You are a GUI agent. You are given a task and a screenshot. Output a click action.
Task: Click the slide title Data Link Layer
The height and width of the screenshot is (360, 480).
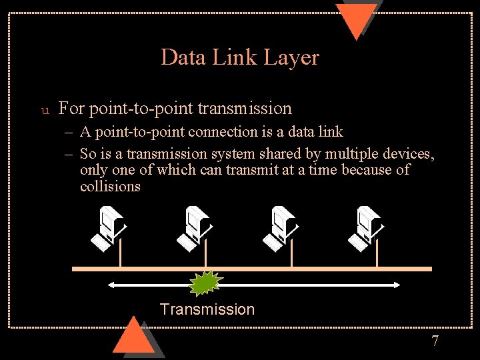(x=240, y=58)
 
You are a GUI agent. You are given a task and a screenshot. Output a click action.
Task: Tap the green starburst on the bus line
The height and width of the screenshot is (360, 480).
(x=205, y=283)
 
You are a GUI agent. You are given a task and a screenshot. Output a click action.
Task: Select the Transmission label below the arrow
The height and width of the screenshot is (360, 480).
(x=207, y=309)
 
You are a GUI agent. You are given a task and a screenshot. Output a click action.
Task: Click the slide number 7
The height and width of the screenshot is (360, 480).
(x=435, y=341)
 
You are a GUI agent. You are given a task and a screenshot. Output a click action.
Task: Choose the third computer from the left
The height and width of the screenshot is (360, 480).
(x=280, y=229)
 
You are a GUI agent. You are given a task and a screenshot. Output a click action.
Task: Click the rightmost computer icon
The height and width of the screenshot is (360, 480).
(x=365, y=229)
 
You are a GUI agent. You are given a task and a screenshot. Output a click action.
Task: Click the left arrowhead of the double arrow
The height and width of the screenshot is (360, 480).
(x=112, y=285)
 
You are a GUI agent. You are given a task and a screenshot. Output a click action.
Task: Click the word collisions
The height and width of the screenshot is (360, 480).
(x=110, y=186)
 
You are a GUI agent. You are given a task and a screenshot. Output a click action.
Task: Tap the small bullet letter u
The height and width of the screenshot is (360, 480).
(x=45, y=109)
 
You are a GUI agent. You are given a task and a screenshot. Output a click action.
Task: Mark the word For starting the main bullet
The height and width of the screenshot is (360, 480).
(x=71, y=108)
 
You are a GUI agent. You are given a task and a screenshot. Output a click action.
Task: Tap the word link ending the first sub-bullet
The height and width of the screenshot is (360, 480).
(x=331, y=132)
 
